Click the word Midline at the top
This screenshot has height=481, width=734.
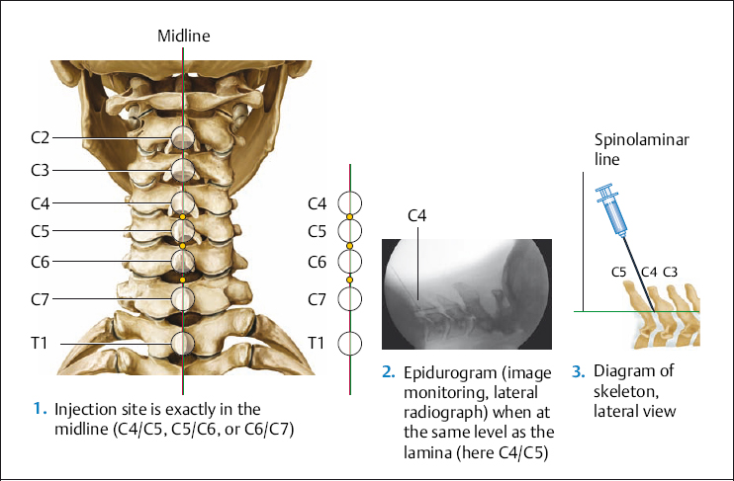coord(184,36)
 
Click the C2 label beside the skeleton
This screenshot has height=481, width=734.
coord(40,137)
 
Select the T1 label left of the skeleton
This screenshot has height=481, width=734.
coord(40,343)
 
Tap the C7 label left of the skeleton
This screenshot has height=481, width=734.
coord(40,298)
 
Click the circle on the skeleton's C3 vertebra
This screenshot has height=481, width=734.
coord(183,170)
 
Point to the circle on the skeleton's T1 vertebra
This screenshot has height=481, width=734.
coord(183,343)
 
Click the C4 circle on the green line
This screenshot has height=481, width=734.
coord(349,204)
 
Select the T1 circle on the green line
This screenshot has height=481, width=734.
coord(349,343)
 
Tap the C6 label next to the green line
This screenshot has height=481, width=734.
coord(317,262)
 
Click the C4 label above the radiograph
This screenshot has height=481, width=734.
coord(417,215)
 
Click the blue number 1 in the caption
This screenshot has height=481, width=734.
coord(39,407)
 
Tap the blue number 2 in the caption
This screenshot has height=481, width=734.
coord(388,372)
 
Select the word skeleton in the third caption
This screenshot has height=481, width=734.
coord(620,391)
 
